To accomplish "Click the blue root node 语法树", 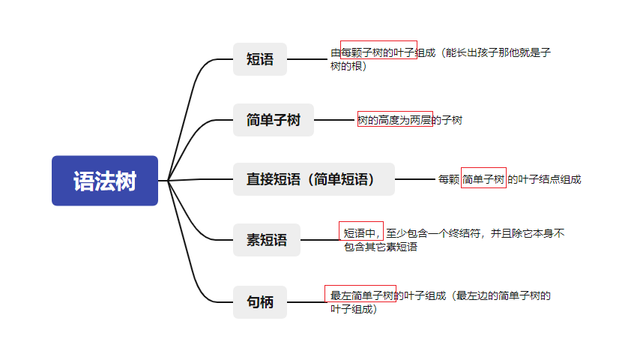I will [x=105, y=181].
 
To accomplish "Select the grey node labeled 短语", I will [x=260, y=59].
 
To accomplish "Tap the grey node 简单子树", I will [x=273, y=120].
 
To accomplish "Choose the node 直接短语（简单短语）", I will [x=313, y=179].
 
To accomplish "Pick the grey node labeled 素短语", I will [x=266, y=240].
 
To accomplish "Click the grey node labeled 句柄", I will [x=260, y=302].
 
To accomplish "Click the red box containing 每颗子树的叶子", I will [x=378, y=50].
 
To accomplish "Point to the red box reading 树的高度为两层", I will [x=394, y=119].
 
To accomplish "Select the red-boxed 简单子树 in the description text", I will [x=483, y=178].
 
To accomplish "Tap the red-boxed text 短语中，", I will [x=361, y=232].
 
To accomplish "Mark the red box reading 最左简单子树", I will [x=360, y=294].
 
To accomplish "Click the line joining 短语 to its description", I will [x=308, y=59].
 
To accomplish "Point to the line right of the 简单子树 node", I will [x=334, y=120].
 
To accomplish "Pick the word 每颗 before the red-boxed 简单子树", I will [x=448, y=179].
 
